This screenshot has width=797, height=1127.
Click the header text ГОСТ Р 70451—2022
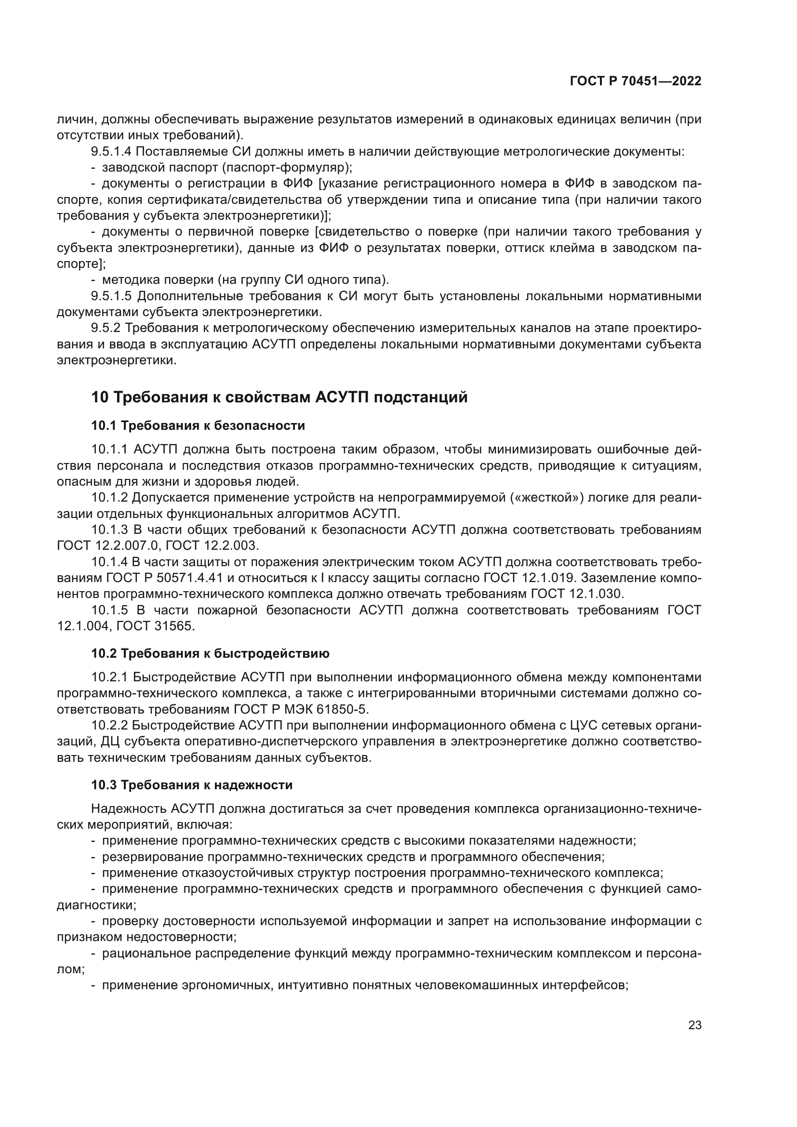[636, 81]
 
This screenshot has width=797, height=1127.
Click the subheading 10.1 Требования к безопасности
[198, 425]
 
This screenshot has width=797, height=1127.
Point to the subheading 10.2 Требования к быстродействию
[210, 653]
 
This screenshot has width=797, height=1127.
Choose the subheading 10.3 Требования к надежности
[191, 785]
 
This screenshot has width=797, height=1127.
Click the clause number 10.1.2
[109, 498]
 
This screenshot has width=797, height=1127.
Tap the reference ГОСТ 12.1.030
[577, 594]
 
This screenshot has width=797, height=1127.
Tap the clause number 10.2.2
[109, 726]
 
